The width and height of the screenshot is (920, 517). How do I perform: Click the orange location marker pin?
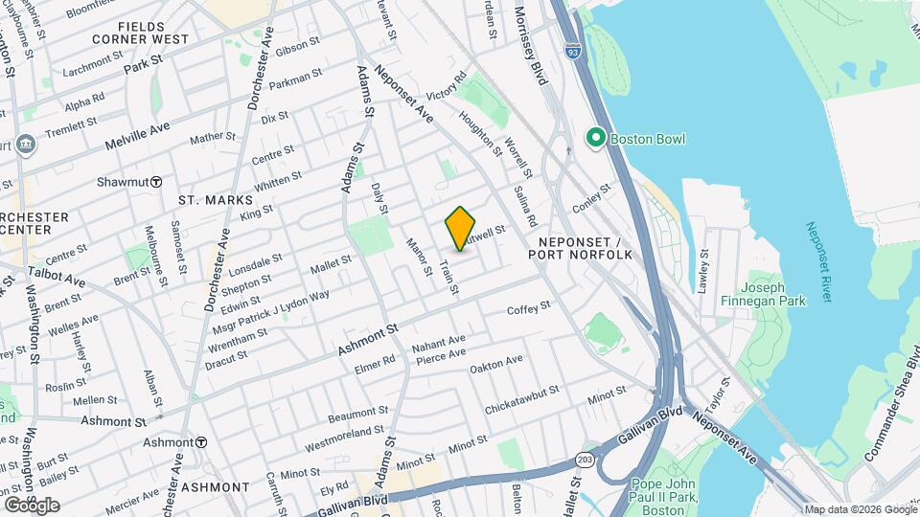(x=461, y=229)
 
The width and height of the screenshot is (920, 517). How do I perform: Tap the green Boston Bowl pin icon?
(x=595, y=139)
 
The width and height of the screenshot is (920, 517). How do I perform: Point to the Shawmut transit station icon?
(x=155, y=182)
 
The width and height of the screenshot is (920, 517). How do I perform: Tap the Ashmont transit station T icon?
(x=201, y=442)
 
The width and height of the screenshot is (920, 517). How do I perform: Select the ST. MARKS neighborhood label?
(x=215, y=200)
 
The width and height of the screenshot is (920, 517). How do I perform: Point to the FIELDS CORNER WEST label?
(x=141, y=33)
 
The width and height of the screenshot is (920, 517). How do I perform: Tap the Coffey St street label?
(x=529, y=308)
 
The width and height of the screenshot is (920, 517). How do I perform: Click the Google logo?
(x=32, y=505)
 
